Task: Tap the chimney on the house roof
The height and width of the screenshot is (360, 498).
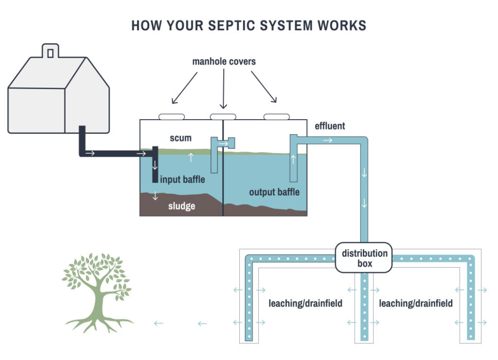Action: tap(50, 51)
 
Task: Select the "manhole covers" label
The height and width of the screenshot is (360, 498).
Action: tap(224, 62)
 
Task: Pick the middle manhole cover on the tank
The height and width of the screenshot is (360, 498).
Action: tap(223, 116)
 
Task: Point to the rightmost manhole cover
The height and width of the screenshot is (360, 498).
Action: tap(276, 116)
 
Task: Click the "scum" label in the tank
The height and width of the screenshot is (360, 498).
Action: tap(180, 138)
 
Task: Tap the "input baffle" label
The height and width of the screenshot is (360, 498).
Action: tap(183, 180)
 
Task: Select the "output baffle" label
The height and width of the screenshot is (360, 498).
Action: tap(274, 192)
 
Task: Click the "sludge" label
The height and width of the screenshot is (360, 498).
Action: tap(182, 206)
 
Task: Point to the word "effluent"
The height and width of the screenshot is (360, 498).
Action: tap(330, 126)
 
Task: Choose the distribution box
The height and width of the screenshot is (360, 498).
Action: tap(364, 257)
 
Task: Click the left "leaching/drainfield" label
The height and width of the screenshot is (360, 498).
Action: tap(305, 304)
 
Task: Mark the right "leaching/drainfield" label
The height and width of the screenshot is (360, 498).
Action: tap(416, 304)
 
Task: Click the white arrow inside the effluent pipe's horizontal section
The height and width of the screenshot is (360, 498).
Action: tap(328, 141)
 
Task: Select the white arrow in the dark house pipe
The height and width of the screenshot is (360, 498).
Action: tap(91, 154)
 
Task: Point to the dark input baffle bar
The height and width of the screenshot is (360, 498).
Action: tap(155, 164)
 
